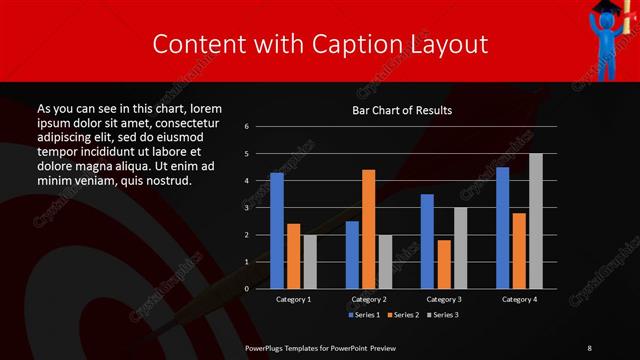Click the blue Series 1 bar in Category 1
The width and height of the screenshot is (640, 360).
(x=277, y=231)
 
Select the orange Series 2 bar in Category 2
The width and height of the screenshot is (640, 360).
(x=369, y=229)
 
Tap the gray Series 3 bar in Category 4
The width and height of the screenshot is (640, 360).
(x=535, y=221)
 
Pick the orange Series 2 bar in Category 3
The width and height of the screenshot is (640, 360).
(x=444, y=264)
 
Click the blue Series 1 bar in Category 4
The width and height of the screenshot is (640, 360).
(x=502, y=228)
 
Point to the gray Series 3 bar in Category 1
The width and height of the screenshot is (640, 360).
(x=310, y=262)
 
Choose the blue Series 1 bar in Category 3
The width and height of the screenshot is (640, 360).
(x=427, y=241)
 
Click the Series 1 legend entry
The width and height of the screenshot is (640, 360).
(x=365, y=315)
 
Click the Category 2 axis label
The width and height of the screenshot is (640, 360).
(x=368, y=299)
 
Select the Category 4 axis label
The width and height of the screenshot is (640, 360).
(x=518, y=299)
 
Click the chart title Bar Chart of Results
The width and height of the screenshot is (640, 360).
(x=403, y=110)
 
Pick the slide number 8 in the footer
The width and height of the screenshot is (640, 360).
(x=590, y=347)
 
